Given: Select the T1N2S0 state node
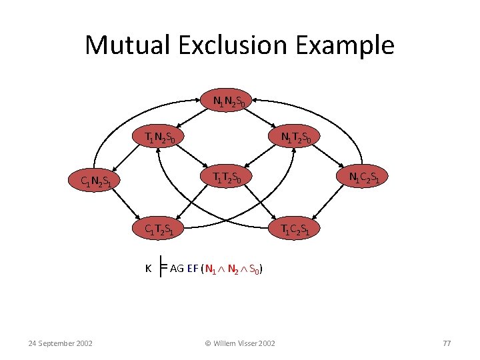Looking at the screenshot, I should tap(161, 138).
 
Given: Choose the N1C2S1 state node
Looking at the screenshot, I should tap(365, 177).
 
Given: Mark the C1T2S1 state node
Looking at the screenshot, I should tap(161, 229).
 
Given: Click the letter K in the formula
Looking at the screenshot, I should tap(149, 269).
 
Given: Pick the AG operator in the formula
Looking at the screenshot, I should tap(177, 269).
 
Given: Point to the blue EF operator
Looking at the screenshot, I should tap(193, 269).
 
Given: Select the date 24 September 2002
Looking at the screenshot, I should tap(61, 343).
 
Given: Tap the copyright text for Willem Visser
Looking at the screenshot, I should tap(240, 343).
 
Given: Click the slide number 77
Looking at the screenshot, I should tap(447, 343).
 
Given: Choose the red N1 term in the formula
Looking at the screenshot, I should tap(210, 269).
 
